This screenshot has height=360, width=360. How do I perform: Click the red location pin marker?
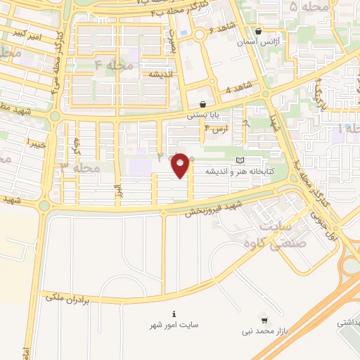(x=181, y=165)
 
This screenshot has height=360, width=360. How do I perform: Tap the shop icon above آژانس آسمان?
(x=259, y=32)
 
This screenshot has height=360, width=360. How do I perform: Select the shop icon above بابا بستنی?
(x=202, y=104)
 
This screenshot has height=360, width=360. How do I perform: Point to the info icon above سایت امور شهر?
(x=174, y=314)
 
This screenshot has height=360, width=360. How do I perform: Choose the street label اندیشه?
(x=160, y=74)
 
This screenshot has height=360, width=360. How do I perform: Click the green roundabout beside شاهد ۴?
(x=265, y=94)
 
